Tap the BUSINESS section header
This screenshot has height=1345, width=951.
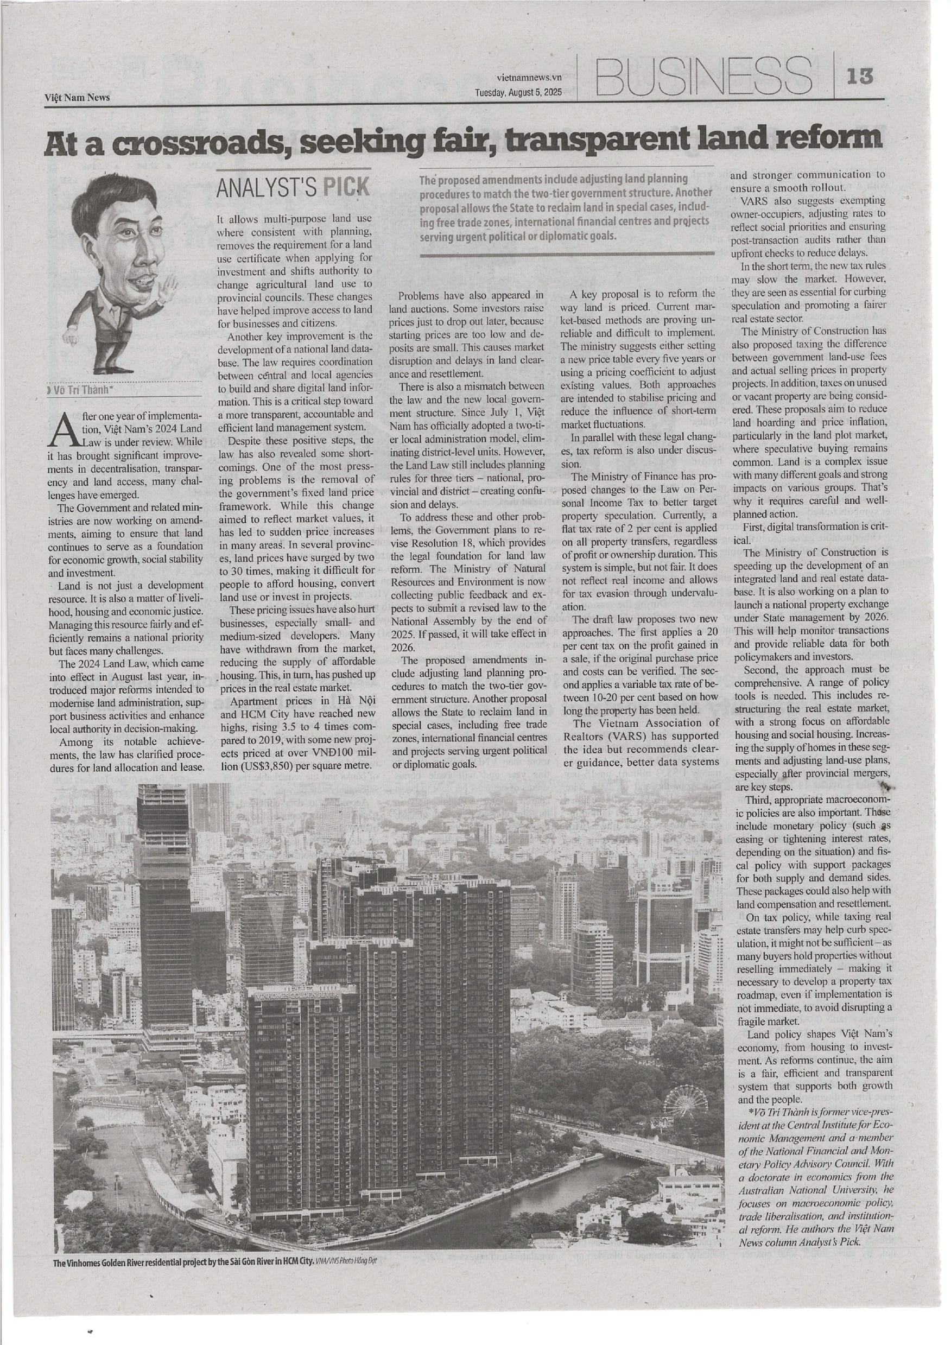(x=703, y=77)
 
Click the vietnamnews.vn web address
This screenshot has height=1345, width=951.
(x=529, y=77)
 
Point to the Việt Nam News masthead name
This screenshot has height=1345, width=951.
(x=77, y=97)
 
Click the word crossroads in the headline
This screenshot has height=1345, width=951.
(x=187, y=143)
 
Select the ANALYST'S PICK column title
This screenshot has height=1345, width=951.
(x=293, y=187)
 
